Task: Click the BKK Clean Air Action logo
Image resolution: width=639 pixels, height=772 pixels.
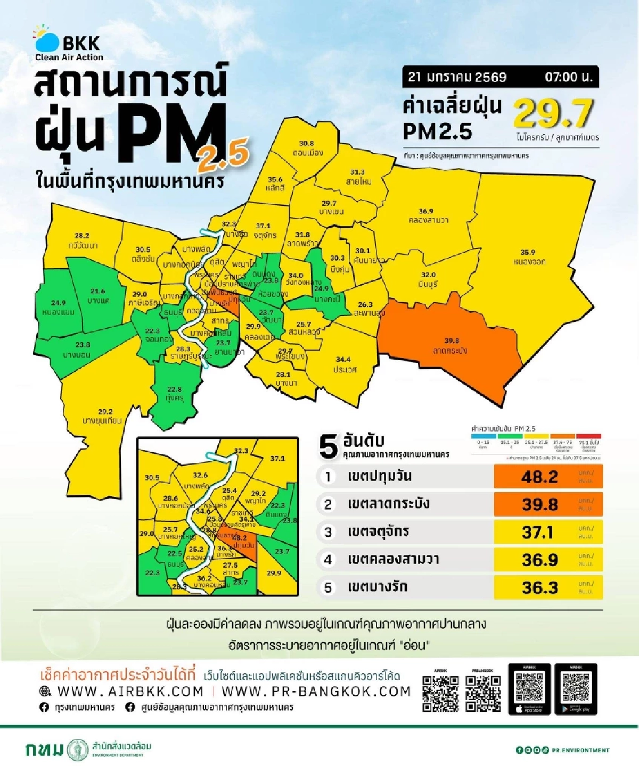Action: click(x=68, y=44)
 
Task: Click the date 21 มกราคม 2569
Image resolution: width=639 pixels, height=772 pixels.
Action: click(x=457, y=77)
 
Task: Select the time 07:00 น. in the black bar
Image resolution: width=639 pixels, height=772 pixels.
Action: click(x=568, y=77)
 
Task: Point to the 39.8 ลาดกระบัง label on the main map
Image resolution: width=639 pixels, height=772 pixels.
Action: click(x=450, y=346)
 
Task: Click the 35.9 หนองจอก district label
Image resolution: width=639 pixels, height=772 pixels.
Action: click(x=528, y=257)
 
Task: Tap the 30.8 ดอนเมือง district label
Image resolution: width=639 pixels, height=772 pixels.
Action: click(x=307, y=148)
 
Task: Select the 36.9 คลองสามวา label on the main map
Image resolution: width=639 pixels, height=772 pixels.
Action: click(x=427, y=215)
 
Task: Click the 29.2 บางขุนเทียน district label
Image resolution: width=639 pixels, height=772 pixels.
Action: click(x=102, y=416)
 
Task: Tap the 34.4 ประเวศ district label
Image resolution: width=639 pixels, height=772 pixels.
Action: click(x=345, y=364)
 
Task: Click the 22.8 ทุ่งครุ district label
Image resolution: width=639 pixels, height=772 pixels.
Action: click(x=174, y=394)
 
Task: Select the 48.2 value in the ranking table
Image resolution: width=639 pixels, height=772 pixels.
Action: click(x=539, y=477)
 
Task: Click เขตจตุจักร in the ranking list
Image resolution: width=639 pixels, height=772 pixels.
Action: click(x=379, y=532)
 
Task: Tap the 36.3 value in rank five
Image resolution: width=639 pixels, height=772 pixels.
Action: click(x=539, y=587)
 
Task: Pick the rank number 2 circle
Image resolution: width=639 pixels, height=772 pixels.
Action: click(x=328, y=504)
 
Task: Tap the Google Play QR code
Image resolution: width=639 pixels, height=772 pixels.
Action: click(x=576, y=688)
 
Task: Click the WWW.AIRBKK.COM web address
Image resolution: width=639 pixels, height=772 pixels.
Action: click(x=130, y=691)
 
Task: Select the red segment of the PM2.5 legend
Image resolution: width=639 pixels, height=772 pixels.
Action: click(x=588, y=436)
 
